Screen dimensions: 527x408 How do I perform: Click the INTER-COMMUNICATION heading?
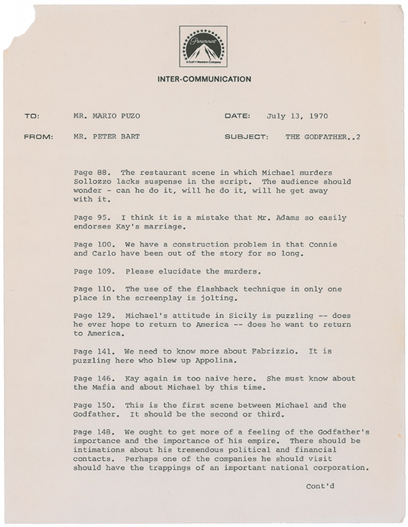pos(204,79)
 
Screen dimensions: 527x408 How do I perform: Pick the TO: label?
pos(32,116)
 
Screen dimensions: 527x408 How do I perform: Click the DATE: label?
pos(238,116)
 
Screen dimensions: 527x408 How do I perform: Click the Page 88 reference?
pos(89,169)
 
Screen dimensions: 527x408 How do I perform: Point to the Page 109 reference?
pos(91,270)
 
